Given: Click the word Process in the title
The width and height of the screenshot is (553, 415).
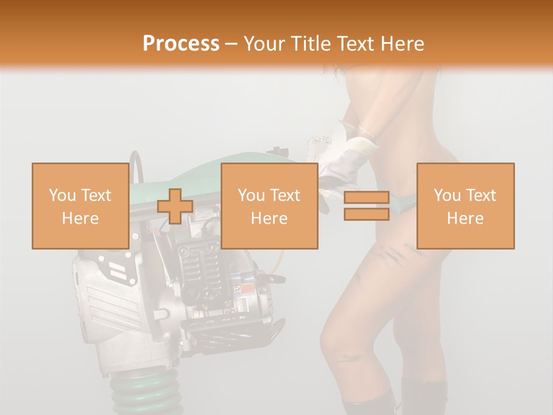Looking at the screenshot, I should [x=181, y=43].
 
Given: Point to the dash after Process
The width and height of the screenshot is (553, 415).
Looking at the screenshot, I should [x=231, y=44].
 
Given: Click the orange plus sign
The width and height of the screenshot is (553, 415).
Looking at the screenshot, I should [x=175, y=206].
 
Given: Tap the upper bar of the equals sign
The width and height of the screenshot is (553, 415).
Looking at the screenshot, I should [x=366, y=198].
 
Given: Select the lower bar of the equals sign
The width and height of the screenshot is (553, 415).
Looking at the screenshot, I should [x=366, y=214].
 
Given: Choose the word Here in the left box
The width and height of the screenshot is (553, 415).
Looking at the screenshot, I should [x=80, y=218].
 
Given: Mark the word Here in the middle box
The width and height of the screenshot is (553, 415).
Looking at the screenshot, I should [x=269, y=218].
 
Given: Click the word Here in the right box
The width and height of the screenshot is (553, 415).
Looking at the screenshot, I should [x=465, y=218].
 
